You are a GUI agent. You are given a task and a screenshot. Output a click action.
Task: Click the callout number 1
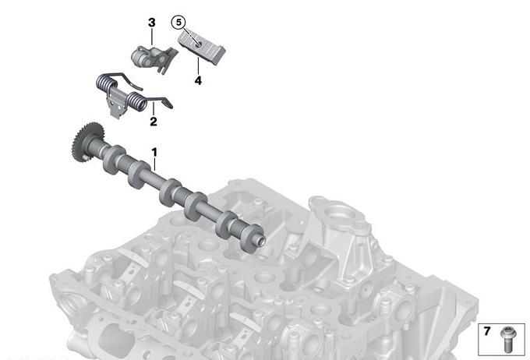(x=154, y=153)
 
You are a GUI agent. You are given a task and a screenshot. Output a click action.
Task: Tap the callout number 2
(x=154, y=122)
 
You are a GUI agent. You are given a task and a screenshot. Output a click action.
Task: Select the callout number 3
(x=152, y=23)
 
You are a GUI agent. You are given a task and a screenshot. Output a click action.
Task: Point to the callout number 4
(x=198, y=80)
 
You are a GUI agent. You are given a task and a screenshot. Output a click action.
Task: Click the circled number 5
(x=178, y=23)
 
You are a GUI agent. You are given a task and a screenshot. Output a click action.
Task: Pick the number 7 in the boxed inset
(x=486, y=331)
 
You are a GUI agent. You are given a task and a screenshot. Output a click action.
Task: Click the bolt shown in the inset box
(x=507, y=339)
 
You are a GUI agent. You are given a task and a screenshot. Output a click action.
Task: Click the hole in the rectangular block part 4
(x=199, y=43)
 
